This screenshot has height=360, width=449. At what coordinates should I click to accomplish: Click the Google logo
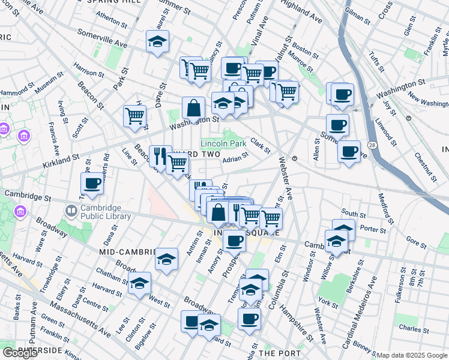(x=20, y=353)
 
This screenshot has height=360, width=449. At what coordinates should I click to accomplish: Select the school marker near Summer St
(x=157, y=43)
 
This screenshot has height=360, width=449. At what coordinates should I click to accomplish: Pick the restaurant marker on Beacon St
(x=160, y=156)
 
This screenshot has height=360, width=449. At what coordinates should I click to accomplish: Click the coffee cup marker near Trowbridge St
(x=92, y=184)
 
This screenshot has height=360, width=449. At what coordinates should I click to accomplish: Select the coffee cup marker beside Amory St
(x=234, y=241)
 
